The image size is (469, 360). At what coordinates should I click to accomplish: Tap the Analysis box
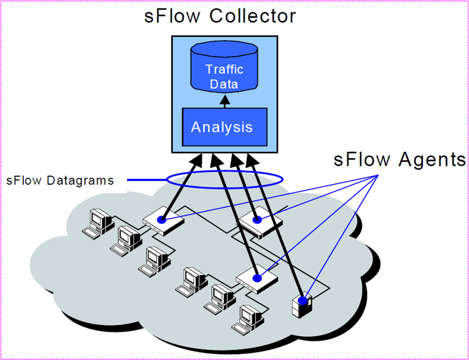tap(225, 126)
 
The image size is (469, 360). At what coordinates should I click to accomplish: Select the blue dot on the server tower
tap(302, 301)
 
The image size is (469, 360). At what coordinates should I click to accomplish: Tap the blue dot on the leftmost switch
tap(161, 221)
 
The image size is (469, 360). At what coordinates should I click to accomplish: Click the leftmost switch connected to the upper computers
tap(163, 222)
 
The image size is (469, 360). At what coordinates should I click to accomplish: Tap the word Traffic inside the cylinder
tap(224, 69)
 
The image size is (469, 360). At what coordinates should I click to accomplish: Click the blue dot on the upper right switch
tap(257, 220)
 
